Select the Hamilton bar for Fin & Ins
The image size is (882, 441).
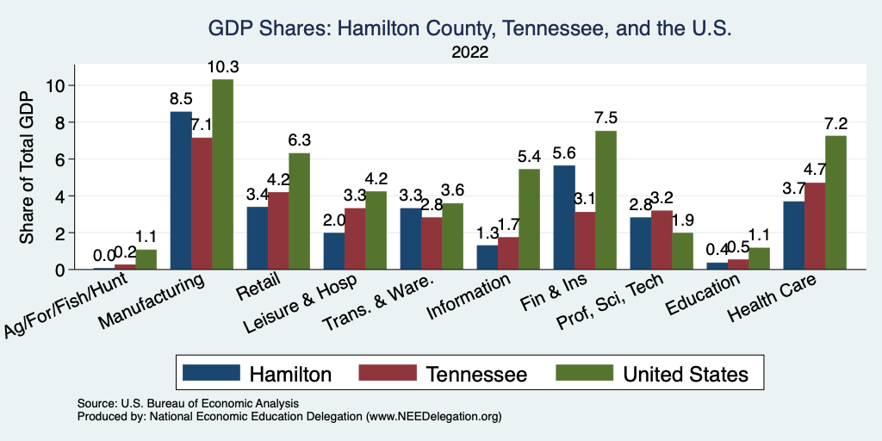click(564, 217)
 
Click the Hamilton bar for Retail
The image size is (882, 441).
click(258, 238)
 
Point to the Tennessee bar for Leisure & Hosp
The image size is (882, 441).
click(355, 239)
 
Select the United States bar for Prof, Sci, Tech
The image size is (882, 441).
click(682, 251)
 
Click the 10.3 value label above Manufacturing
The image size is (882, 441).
click(222, 67)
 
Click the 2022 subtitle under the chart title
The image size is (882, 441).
click(469, 53)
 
